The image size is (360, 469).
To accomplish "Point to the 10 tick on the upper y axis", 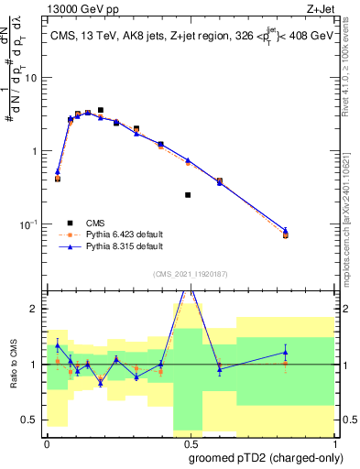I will (35, 78).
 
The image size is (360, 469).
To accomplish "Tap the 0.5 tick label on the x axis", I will (189, 444).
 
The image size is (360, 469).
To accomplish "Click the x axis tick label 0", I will (47, 444).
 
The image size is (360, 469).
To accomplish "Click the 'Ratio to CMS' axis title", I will (13, 364).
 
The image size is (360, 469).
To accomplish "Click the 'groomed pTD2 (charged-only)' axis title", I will (267, 458).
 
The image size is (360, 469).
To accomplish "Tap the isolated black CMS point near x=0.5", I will (188, 195).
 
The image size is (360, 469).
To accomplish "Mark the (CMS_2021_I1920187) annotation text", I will (189, 274).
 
